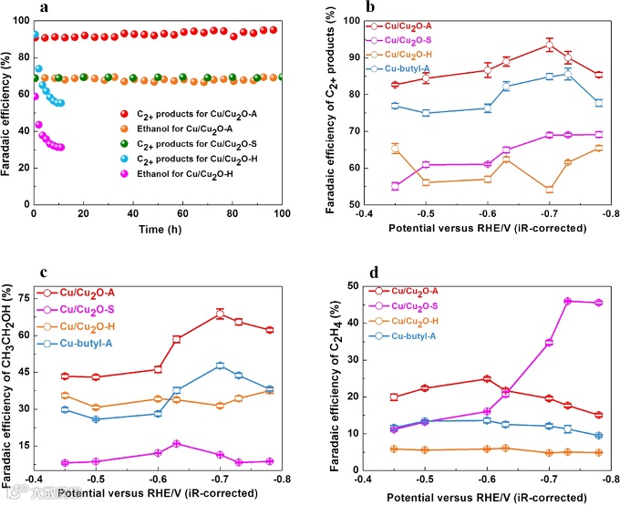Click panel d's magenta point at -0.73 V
click(x=568, y=301)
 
